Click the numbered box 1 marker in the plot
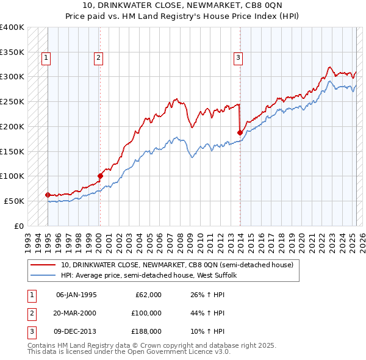46,59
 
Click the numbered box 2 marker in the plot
98,59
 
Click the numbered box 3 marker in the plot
238,59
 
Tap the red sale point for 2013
240,132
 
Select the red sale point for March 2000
100,176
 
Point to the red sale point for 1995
48,195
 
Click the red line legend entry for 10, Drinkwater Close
177,265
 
